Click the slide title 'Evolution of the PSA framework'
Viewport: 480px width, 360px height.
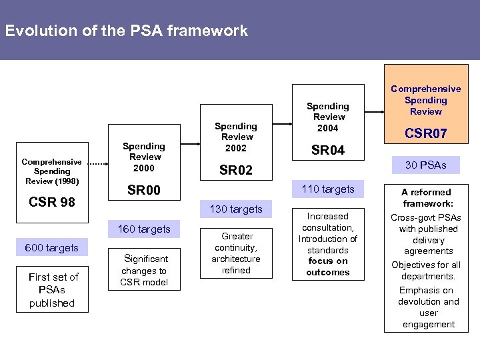click(x=126, y=31)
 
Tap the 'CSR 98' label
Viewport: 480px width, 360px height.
click(x=51, y=202)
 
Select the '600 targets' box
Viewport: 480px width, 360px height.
click(x=51, y=248)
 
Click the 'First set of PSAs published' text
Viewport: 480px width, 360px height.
click(x=53, y=290)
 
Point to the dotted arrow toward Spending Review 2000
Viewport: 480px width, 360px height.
click(x=98, y=162)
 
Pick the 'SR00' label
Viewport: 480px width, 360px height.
click(x=143, y=191)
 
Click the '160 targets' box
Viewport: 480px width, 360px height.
click(x=143, y=229)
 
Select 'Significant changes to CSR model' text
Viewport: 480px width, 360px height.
click(x=144, y=270)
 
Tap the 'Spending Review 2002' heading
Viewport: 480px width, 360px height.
click(x=236, y=137)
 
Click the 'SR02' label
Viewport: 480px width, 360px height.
click(x=236, y=171)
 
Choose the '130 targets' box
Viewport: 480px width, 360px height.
click(x=236, y=209)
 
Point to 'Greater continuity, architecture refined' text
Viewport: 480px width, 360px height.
click(x=236, y=253)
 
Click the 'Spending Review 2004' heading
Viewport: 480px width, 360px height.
click(x=327, y=117)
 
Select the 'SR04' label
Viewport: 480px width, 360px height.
click(x=327, y=151)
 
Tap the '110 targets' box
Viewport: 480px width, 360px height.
click(x=327, y=189)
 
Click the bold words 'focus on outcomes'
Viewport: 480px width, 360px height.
click(x=327, y=267)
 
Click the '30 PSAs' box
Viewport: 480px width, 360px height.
click(x=426, y=165)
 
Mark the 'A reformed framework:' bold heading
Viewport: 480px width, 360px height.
click(x=426, y=197)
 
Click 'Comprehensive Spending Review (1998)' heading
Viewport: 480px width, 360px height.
click(x=51, y=171)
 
